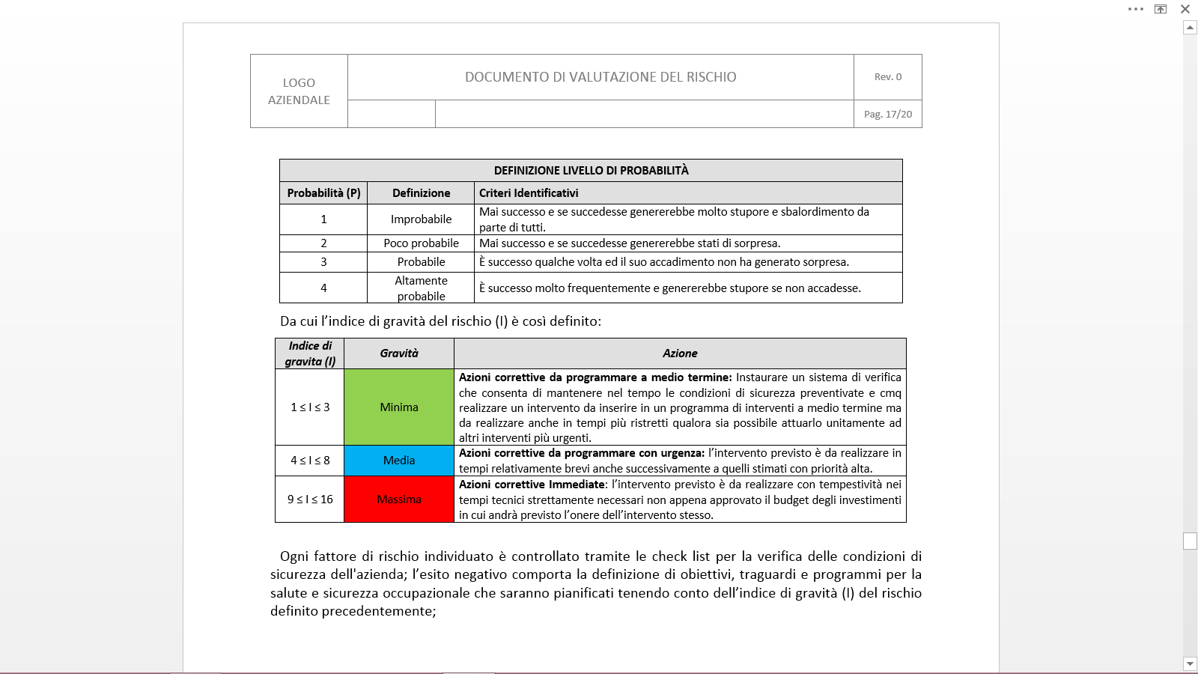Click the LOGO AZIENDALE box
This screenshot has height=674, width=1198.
point(299,91)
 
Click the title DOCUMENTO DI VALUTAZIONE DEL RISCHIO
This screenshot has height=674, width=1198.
point(600,77)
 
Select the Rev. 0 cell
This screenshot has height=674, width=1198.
point(888,76)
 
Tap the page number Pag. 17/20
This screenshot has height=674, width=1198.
point(888,114)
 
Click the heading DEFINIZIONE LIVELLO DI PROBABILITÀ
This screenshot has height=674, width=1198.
point(591,171)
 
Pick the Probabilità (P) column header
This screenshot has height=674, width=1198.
point(323,193)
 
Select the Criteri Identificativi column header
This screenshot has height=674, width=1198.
point(529,193)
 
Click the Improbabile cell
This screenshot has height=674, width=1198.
point(421,219)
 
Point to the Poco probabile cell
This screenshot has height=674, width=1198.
point(421,243)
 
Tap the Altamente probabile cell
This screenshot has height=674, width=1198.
point(421,288)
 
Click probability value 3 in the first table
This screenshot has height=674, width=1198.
point(323,262)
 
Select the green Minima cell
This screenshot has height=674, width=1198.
point(399,407)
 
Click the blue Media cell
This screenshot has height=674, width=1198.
point(399,461)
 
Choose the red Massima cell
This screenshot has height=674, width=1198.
point(399,500)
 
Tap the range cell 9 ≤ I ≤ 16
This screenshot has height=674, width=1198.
point(310,500)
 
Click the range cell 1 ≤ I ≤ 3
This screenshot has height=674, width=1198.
point(310,407)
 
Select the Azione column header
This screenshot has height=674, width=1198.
point(680,353)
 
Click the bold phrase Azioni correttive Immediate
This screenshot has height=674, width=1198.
point(532,485)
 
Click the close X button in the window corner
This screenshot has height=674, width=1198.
point(1185,9)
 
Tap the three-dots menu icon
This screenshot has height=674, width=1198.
point(1136,9)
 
